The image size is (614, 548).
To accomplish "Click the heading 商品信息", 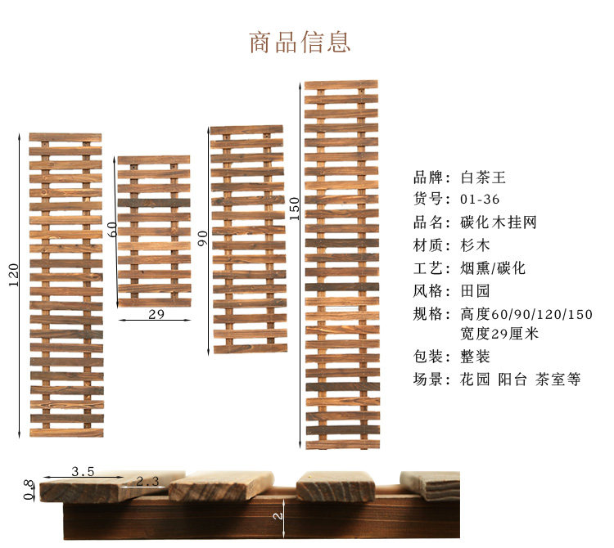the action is (300, 42).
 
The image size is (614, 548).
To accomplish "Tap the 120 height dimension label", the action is (12, 276).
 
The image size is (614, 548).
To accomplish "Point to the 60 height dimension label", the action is (113, 229).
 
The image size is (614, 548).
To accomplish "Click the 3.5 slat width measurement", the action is (82, 471).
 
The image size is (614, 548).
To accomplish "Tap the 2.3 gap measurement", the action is (147, 482).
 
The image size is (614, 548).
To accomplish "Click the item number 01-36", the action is (480, 199).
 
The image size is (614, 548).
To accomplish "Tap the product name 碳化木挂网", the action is (499, 222).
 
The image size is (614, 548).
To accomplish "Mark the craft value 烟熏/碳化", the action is (493, 267).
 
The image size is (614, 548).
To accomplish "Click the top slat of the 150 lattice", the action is (341, 85).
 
